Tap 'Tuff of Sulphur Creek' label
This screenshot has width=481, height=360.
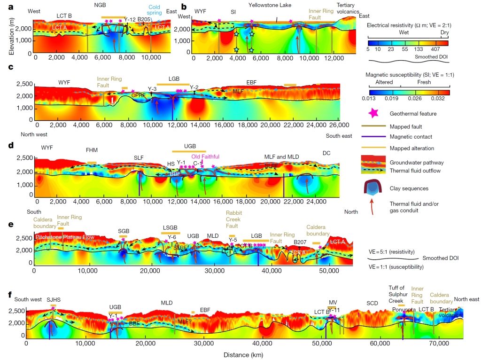pos(400,294)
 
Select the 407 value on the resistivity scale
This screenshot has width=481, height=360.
pos(434,48)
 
